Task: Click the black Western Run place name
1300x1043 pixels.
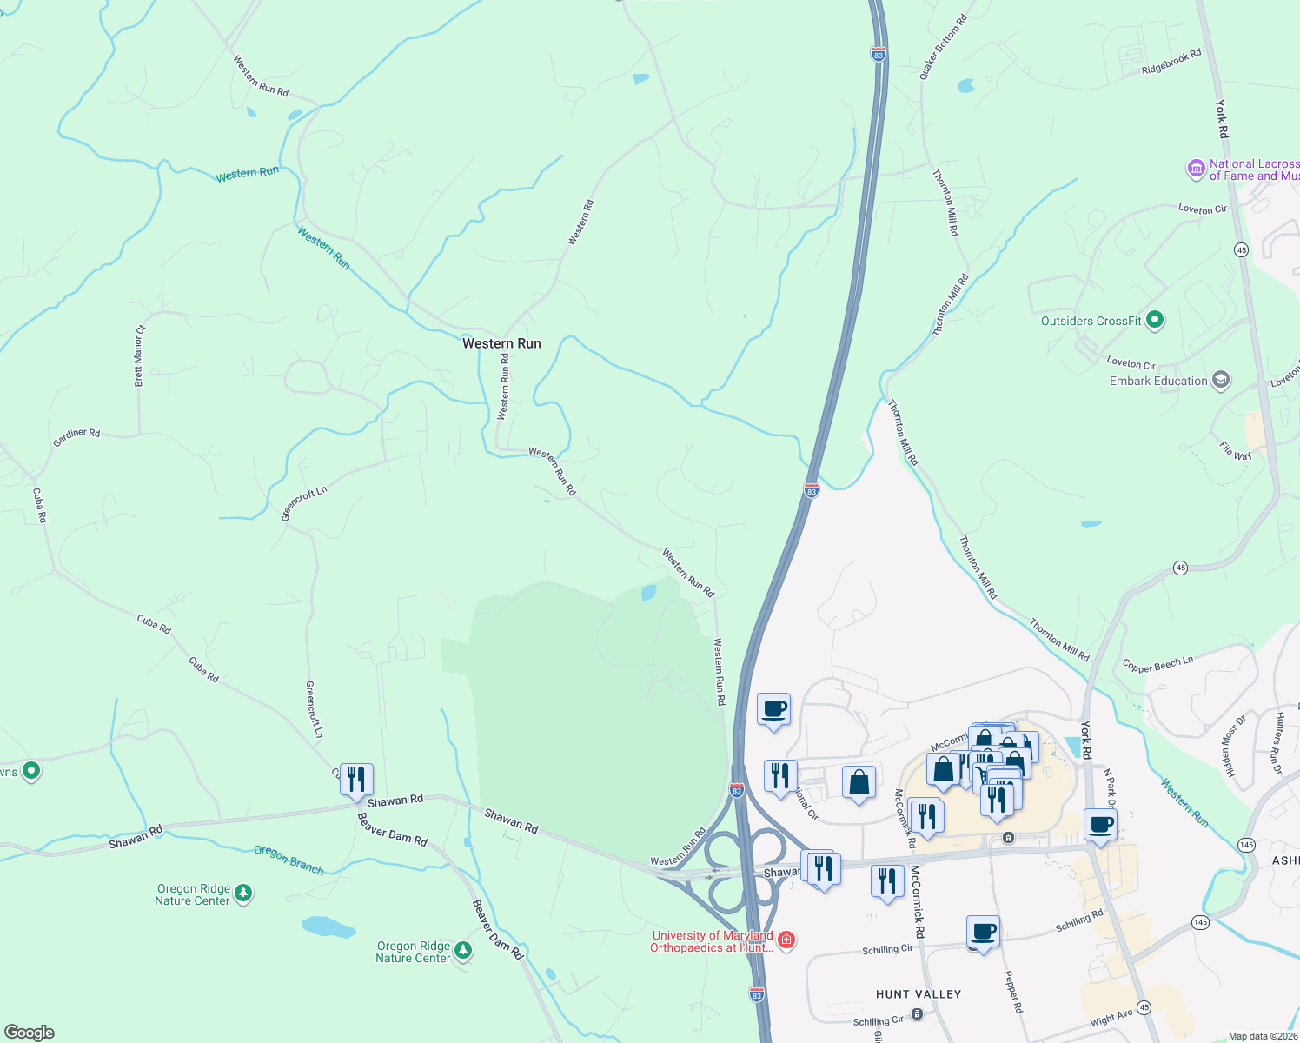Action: [x=501, y=343]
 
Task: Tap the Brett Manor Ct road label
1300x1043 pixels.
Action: [x=139, y=355]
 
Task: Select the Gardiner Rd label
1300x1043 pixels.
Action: [x=76, y=437]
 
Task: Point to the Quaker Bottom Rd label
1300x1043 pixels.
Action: [x=943, y=48]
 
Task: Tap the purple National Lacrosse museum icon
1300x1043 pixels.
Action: [x=1197, y=169]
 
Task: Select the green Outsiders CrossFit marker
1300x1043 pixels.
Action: [x=1155, y=321]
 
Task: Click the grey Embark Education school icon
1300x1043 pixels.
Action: [x=1221, y=381]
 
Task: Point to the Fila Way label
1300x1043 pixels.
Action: [x=1235, y=450]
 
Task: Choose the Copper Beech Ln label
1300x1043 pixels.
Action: [x=1157, y=665]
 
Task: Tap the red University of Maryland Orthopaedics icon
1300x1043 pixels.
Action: [x=786, y=940]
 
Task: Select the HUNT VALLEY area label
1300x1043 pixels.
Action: [x=919, y=994]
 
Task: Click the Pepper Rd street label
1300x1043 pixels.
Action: [x=1013, y=992]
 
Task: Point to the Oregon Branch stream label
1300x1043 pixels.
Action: [x=289, y=860]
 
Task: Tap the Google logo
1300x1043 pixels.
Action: [x=30, y=1033]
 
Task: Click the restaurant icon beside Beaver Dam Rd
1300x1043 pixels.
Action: [x=356, y=780]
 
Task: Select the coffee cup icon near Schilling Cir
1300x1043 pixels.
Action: [x=983, y=933]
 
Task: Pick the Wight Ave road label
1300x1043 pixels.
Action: [x=1111, y=1017]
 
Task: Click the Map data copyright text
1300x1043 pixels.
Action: [x=1262, y=1036]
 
